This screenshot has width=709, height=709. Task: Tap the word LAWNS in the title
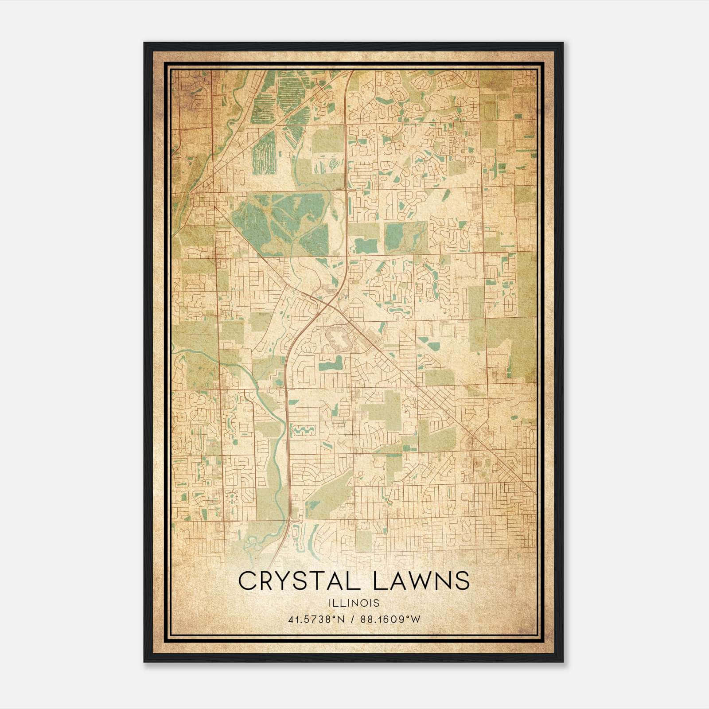pyautogui.click(x=421, y=580)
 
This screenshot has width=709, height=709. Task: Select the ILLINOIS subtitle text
pyautogui.click(x=354, y=603)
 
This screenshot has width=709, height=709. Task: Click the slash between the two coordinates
pyautogui.click(x=351, y=619)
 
